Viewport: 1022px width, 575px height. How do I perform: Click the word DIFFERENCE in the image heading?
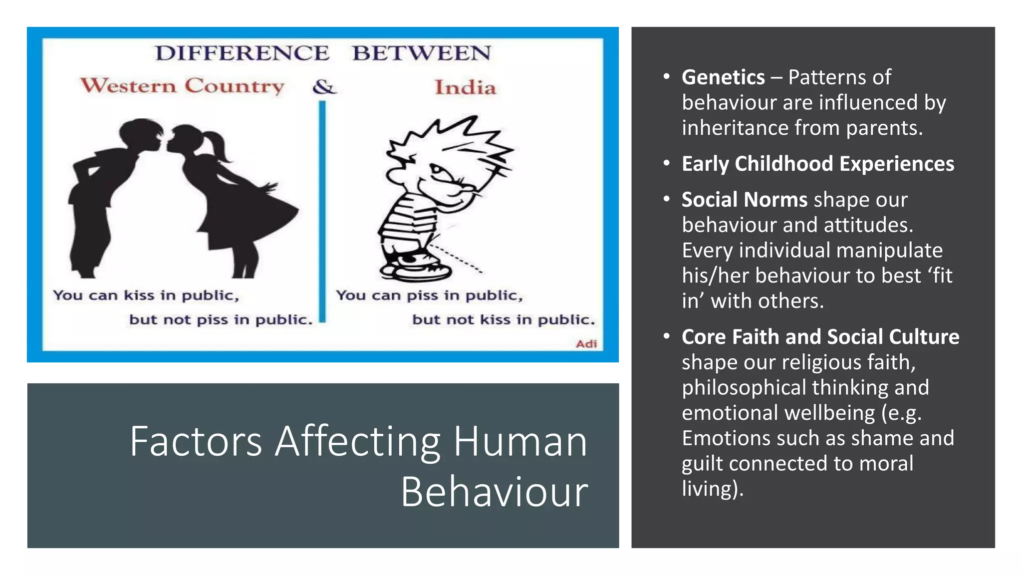(x=242, y=53)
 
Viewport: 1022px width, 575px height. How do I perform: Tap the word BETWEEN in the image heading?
(x=422, y=53)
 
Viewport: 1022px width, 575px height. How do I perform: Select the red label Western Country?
(x=183, y=86)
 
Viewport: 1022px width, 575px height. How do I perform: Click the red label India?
(x=465, y=88)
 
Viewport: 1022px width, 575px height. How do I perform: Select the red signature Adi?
(x=586, y=343)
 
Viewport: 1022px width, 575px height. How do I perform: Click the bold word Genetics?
(x=723, y=77)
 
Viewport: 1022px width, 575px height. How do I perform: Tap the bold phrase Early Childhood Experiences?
(x=818, y=164)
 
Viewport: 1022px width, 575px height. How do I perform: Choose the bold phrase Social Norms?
(x=744, y=200)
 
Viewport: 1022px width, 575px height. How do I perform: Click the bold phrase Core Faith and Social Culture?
(x=820, y=337)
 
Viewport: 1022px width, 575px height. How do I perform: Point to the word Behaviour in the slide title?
(x=495, y=492)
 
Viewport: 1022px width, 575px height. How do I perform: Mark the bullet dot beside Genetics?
(x=666, y=76)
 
